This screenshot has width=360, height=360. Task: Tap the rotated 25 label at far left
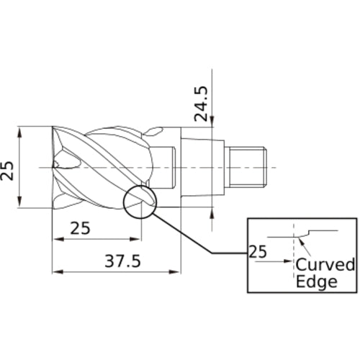(x=8, y=169)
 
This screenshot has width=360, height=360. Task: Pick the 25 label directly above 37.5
(x=81, y=229)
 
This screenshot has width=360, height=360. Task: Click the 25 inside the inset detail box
(x=257, y=252)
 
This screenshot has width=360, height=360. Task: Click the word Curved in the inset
(x=325, y=264)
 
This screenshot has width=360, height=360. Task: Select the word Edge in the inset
(x=316, y=282)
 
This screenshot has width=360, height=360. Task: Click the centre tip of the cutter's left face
(x=55, y=166)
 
